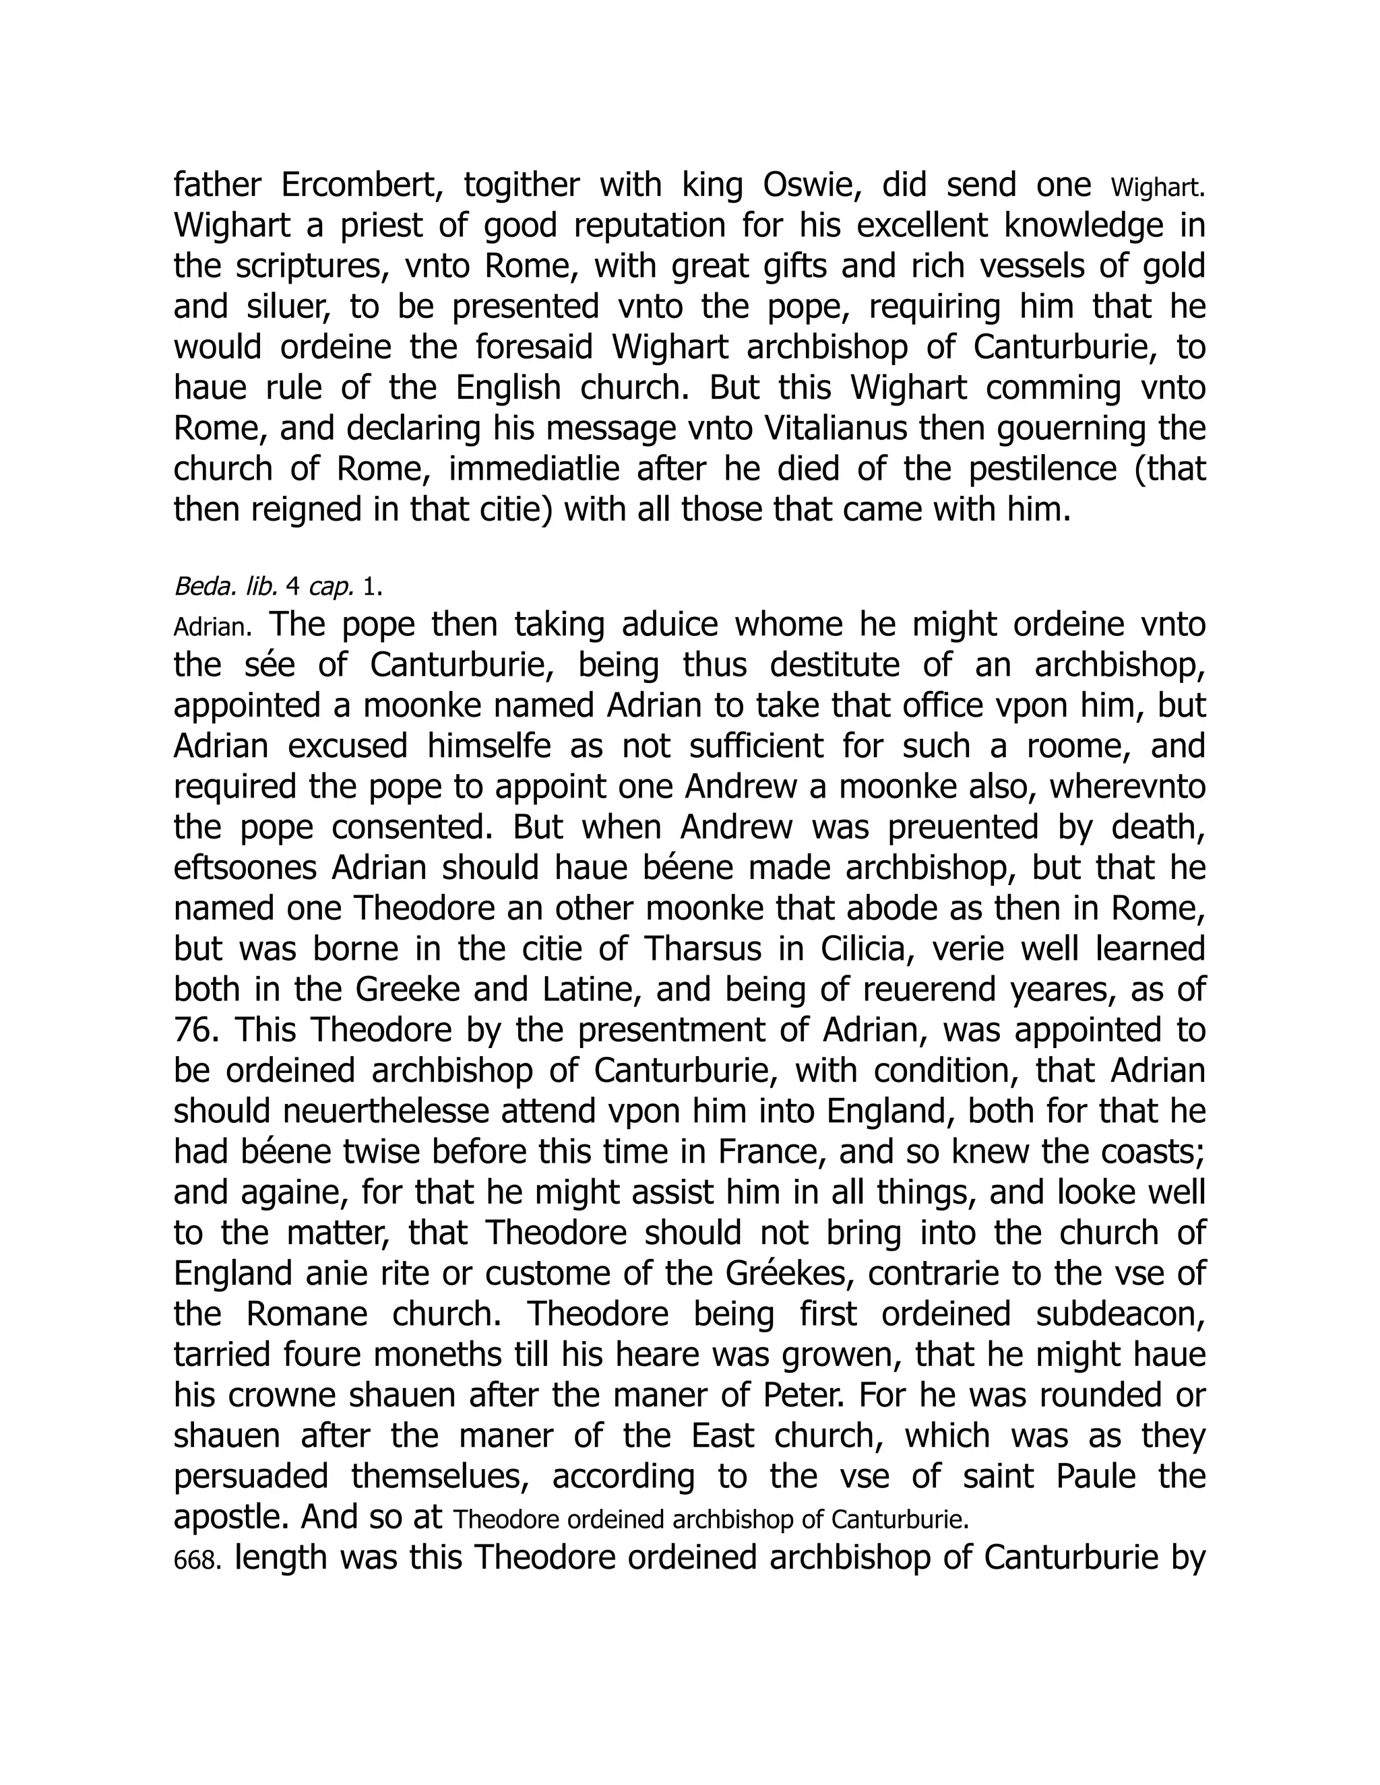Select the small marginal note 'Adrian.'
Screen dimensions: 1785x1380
pyautogui.click(x=210, y=628)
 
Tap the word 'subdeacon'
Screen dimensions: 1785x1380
pyautogui.click(x=1120, y=1314)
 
